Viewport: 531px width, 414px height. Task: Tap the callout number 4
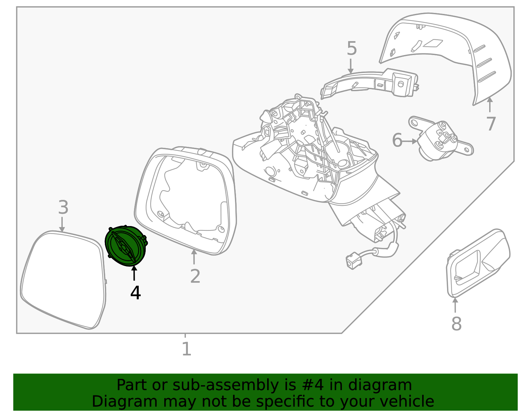click(135, 293)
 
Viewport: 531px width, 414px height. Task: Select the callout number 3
click(63, 207)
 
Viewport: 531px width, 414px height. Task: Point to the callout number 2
click(195, 276)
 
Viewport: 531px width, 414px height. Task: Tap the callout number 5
click(352, 49)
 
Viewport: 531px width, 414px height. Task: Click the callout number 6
click(397, 141)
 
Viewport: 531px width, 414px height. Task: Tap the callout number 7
click(491, 124)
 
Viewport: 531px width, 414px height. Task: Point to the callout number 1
click(187, 349)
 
